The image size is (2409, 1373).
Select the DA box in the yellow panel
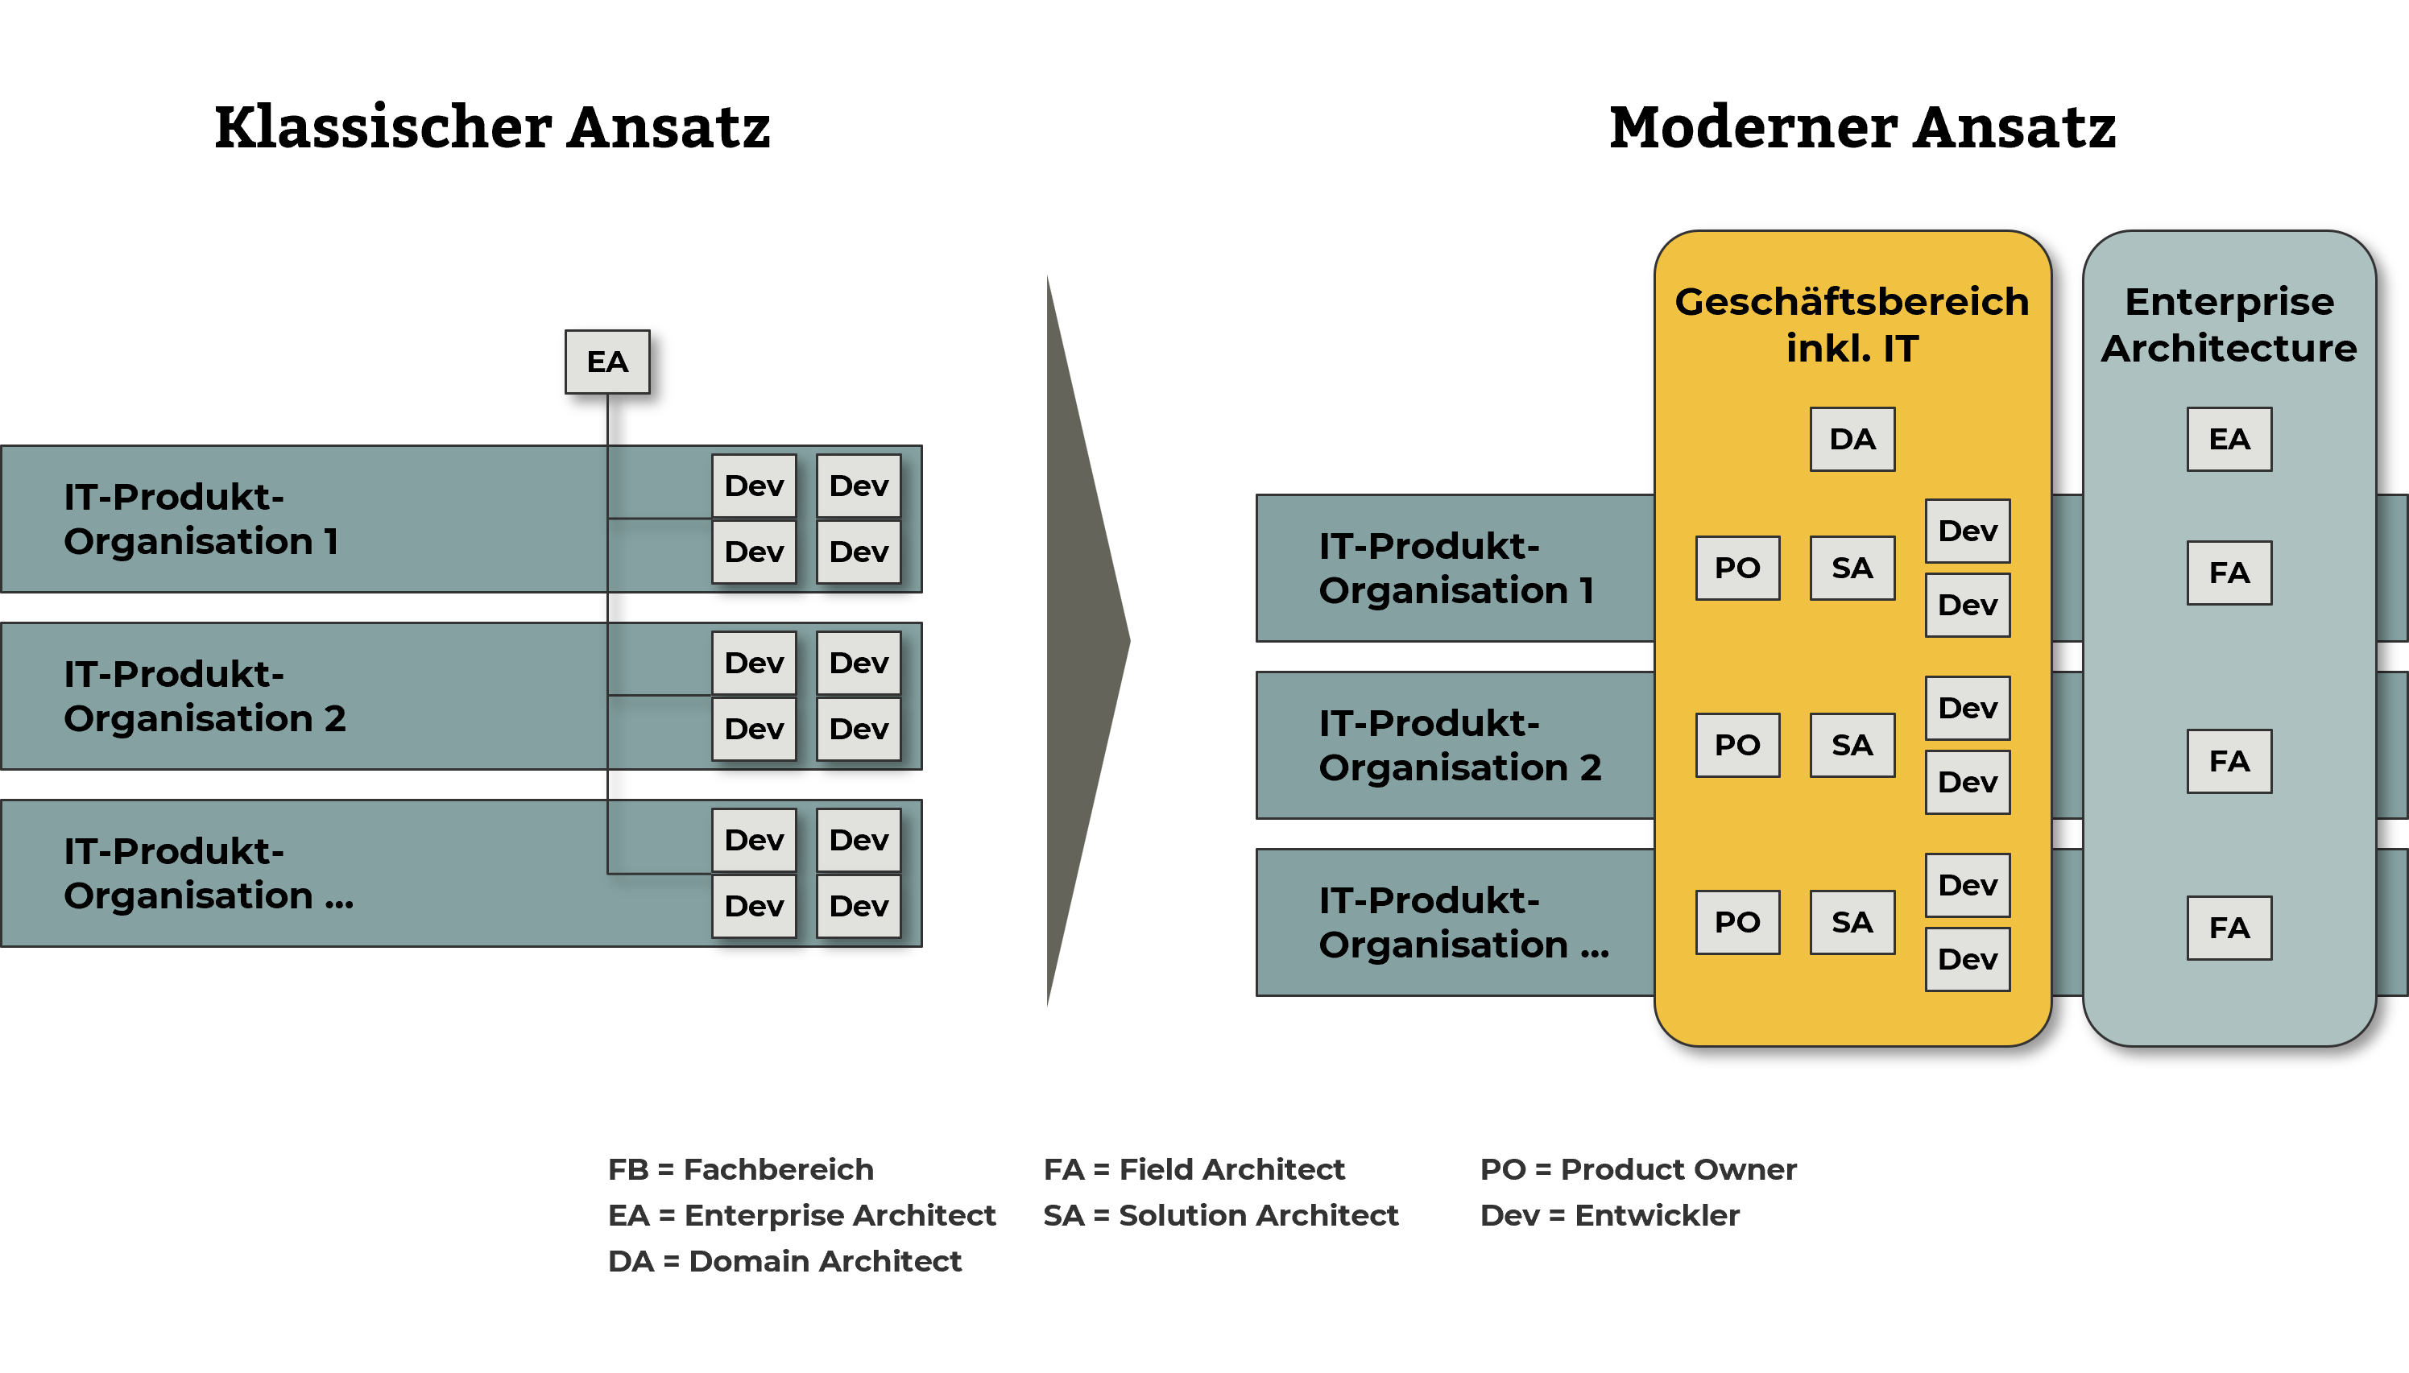pyautogui.click(x=1852, y=440)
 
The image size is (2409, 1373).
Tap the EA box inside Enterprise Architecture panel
pyautogui.click(x=2229, y=440)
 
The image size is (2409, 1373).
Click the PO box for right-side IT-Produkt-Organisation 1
pyautogui.click(x=1736, y=568)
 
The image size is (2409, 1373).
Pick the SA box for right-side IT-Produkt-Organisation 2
pyautogui.click(x=1852, y=745)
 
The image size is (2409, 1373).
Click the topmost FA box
pyautogui.click(x=2229, y=573)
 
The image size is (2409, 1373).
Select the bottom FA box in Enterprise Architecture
pyautogui.click(x=2229, y=928)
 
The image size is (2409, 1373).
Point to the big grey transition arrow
pyautogui.click(x=1084, y=641)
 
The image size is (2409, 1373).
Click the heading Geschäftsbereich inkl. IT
pyautogui.click(x=1852, y=325)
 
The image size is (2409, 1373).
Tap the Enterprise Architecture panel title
pyautogui.click(x=2229, y=325)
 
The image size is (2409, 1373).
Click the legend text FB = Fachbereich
pyautogui.click(x=740, y=1169)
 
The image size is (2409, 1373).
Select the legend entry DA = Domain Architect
pyautogui.click(x=784, y=1261)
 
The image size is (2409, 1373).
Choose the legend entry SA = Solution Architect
pyautogui.click(x=1220, y=1215)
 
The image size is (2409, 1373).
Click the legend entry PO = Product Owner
pyautogui.click(x=1637, y=1169)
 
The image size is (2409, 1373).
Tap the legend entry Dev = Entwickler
pyautogui.click(x=1609, y=1215)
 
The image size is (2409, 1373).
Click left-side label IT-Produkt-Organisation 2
pyautogui.click(x=205, y=696)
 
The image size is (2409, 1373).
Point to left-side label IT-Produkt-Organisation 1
pyautogui.click(x=200, y=519)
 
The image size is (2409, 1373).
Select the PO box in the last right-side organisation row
pyautogui.click(x=1736, y=922)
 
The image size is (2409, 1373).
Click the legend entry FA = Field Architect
pyautogui.click(x=1194, y=1169)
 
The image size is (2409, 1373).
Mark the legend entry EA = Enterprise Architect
pyautogui.click(x=801, y=1215)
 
